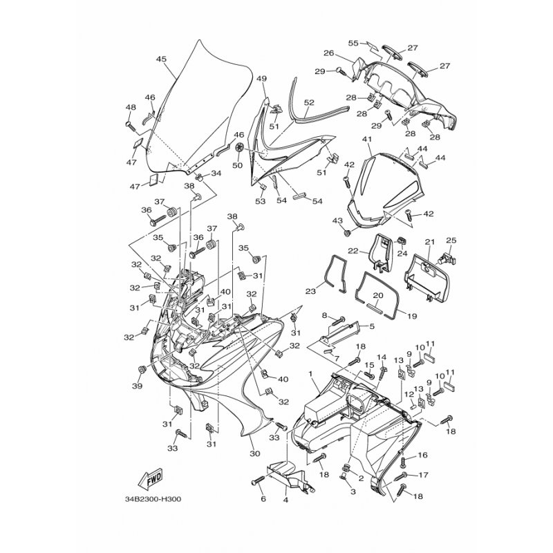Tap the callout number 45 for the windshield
(x=161, y=59)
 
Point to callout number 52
(x=309, y=102)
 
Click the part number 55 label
(x=353, y=44)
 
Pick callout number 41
(x=367, y=140)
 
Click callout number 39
(x=137, y=385)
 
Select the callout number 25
(x=451, y=241)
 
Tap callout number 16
(x=423, y=455)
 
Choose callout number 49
(x=261, y=79)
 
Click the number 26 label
(x=329, y=53)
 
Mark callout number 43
(x=338, y=221)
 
